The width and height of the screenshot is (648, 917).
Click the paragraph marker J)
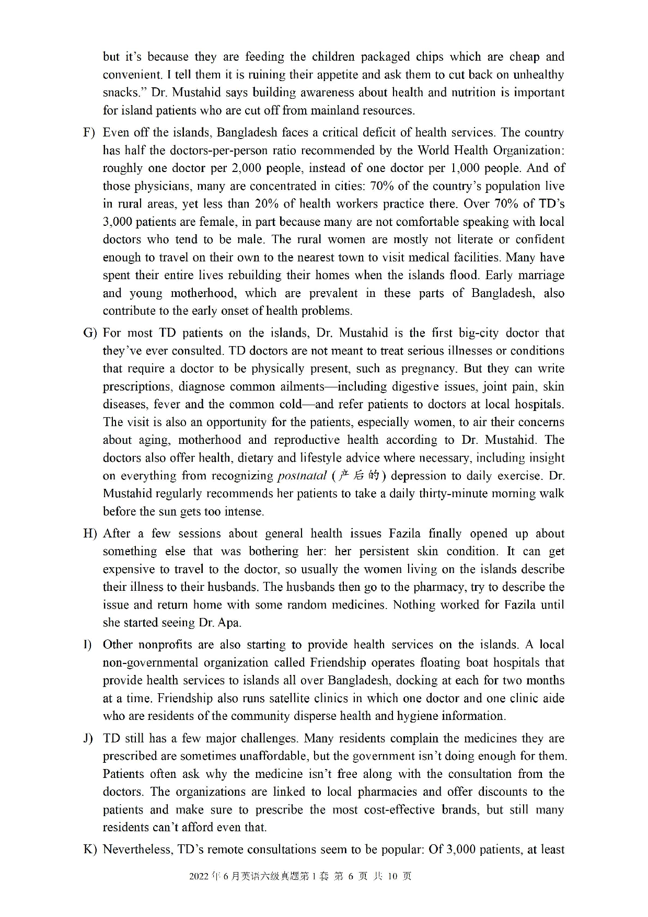(x=88, y=739)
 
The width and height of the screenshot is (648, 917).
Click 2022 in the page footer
(x=199, y=876)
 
